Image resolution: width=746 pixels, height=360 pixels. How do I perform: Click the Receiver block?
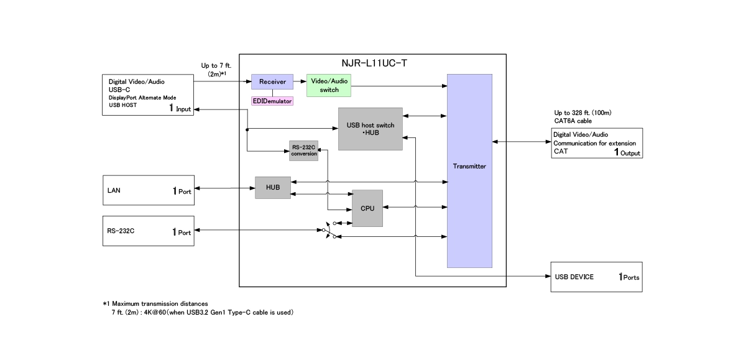coord(272,82)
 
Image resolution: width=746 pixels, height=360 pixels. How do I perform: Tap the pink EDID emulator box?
coord(272,101)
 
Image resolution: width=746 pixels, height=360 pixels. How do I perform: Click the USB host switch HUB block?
coord(370,129)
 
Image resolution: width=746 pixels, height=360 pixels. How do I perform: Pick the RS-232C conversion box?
coord(304,151)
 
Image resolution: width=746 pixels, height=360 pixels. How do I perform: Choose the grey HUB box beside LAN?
coord(273,187)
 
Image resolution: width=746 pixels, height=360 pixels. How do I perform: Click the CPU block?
coord(367,208)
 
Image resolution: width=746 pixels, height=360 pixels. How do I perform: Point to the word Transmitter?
coord(469,167)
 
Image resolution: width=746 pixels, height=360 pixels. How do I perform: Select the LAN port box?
coord(148,190)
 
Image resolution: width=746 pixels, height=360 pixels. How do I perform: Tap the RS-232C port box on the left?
coord(148,231)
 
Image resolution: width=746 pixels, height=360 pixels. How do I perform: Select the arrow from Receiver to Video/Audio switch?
coord(300,82)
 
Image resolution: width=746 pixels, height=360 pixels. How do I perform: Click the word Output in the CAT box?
coord(630,153)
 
